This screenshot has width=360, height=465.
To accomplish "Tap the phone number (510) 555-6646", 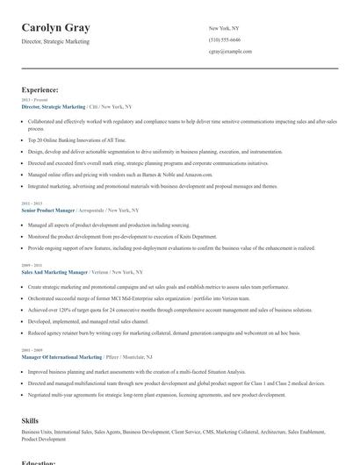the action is (225, 40).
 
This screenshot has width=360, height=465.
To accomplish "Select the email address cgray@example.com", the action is (231, 52).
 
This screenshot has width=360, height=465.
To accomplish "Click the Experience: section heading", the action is (40, 89).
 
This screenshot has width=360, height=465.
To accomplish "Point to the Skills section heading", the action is (30, 421).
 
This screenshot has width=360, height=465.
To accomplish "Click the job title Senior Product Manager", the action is (48, 211).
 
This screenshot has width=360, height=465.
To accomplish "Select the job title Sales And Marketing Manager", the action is (54, 272).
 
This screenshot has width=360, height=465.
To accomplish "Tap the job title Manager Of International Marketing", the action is (62, 357).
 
